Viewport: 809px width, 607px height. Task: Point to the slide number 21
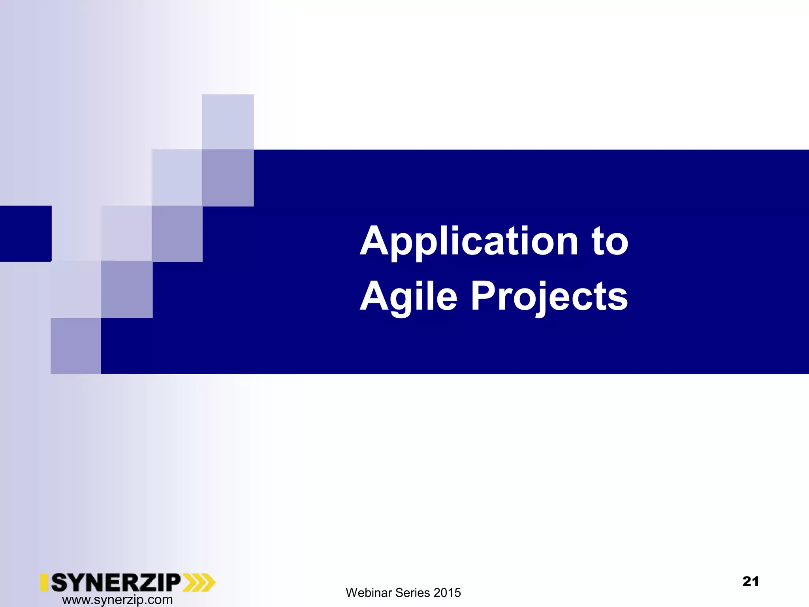pos(751,581)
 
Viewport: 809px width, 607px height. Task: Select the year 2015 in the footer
pos(447,593)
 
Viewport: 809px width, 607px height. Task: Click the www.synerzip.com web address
pos(117,600)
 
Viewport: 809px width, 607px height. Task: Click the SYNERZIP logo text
pos(116,582)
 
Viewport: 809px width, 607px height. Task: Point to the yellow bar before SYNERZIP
pos(44,582)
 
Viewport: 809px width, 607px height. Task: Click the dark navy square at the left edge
pos(25,234)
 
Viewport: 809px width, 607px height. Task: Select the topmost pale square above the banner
pos(228,122)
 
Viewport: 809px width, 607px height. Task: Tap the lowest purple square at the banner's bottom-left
pos(76,346)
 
